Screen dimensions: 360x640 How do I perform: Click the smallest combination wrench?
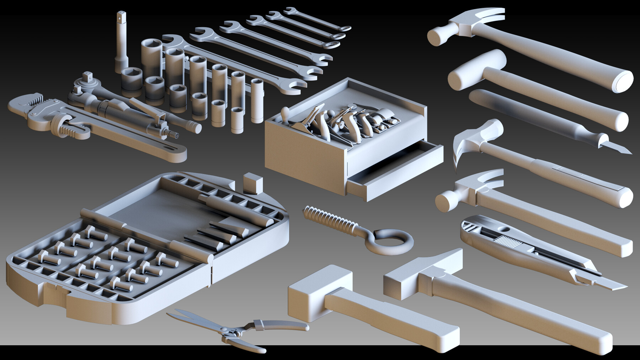point(318,20)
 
